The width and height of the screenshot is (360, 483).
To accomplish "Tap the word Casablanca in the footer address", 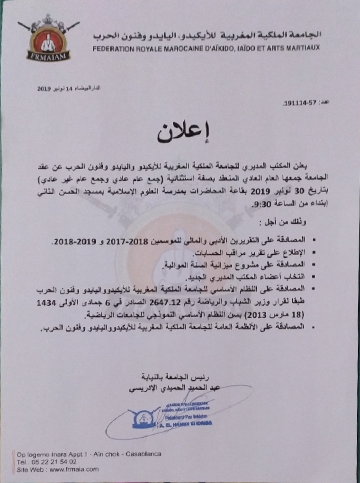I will [x=143, y=454].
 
